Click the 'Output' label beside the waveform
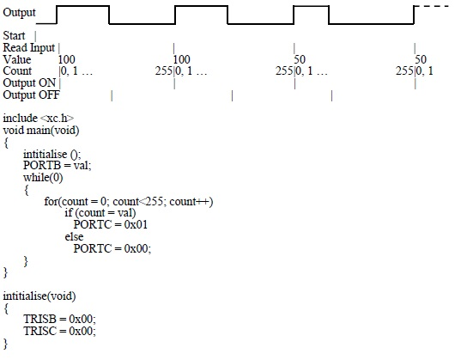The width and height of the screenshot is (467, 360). point(19,13)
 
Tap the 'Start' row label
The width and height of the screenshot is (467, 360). point(14,36)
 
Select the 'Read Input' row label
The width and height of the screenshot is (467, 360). point(29,47)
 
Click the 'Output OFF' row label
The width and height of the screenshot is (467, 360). point(31,95)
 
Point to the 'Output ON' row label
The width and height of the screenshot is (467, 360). point(29,82)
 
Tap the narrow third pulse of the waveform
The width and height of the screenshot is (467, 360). point(312,6)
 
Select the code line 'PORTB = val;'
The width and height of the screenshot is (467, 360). point(58,165)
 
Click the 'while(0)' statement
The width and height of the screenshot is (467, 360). point(43,178)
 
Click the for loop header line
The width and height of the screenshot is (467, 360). point(129,201)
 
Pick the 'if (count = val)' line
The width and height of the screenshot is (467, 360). point(100,213)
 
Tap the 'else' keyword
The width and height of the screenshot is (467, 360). point(74,236)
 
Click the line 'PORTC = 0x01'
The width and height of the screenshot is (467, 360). point(111,224)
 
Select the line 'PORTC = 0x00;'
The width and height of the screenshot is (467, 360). point(112,248)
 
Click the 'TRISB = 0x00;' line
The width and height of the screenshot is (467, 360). point(59,319)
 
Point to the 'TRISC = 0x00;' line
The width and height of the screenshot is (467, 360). point(59,331)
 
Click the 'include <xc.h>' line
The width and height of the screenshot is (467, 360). point(39,119)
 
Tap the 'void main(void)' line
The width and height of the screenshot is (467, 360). point(41,131)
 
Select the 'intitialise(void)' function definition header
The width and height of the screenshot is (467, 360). point(39,296)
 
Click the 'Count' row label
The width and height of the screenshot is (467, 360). point(17,71)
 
